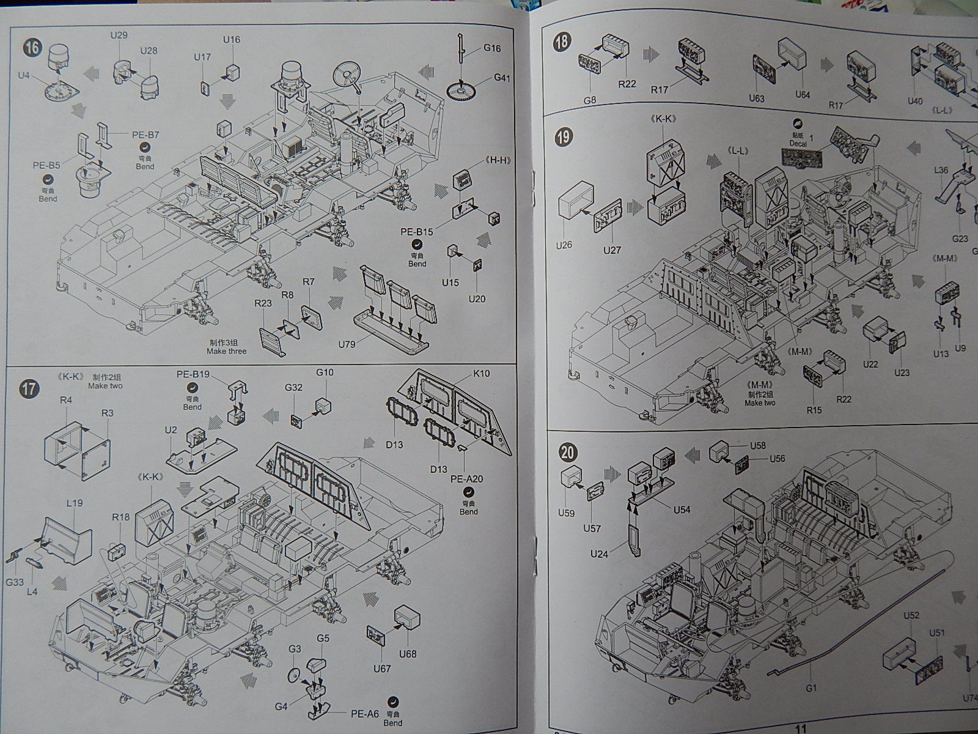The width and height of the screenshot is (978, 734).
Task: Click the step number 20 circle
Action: coord(568,453)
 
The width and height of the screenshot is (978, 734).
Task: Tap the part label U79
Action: coord(347,344)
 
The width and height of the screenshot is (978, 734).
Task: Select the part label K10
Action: coord(481,374)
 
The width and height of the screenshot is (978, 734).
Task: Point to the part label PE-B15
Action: coord(417,232)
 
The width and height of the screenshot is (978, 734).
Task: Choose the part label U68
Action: coord(407,654)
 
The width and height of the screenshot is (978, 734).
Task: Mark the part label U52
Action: coord(911,616)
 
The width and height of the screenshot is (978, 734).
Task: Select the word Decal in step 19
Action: coord(798,144)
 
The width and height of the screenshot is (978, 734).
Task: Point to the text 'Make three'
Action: coord(227,351)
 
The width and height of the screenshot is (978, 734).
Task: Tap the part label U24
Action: coord(599,554)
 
